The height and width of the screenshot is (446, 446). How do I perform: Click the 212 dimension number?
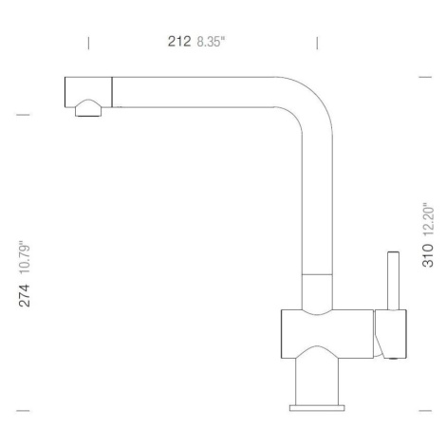[x=179, y=42]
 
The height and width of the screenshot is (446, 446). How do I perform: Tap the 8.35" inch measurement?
[x=211, y=42]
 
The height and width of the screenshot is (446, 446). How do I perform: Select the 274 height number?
[x=25, y=295]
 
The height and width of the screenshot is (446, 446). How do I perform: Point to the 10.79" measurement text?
[x=25, y=258]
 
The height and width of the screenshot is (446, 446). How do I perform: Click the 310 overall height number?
[x=428, y=255]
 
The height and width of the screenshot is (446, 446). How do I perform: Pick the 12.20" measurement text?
[x=428, y=219]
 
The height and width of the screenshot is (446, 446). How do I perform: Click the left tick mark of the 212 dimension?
[x=88, y=43]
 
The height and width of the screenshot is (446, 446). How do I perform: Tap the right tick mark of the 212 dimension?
[x=317, y=43]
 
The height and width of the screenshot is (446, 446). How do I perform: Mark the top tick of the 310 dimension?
[x=425, y=77]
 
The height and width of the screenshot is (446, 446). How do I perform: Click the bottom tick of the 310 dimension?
[x=425, y=411]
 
